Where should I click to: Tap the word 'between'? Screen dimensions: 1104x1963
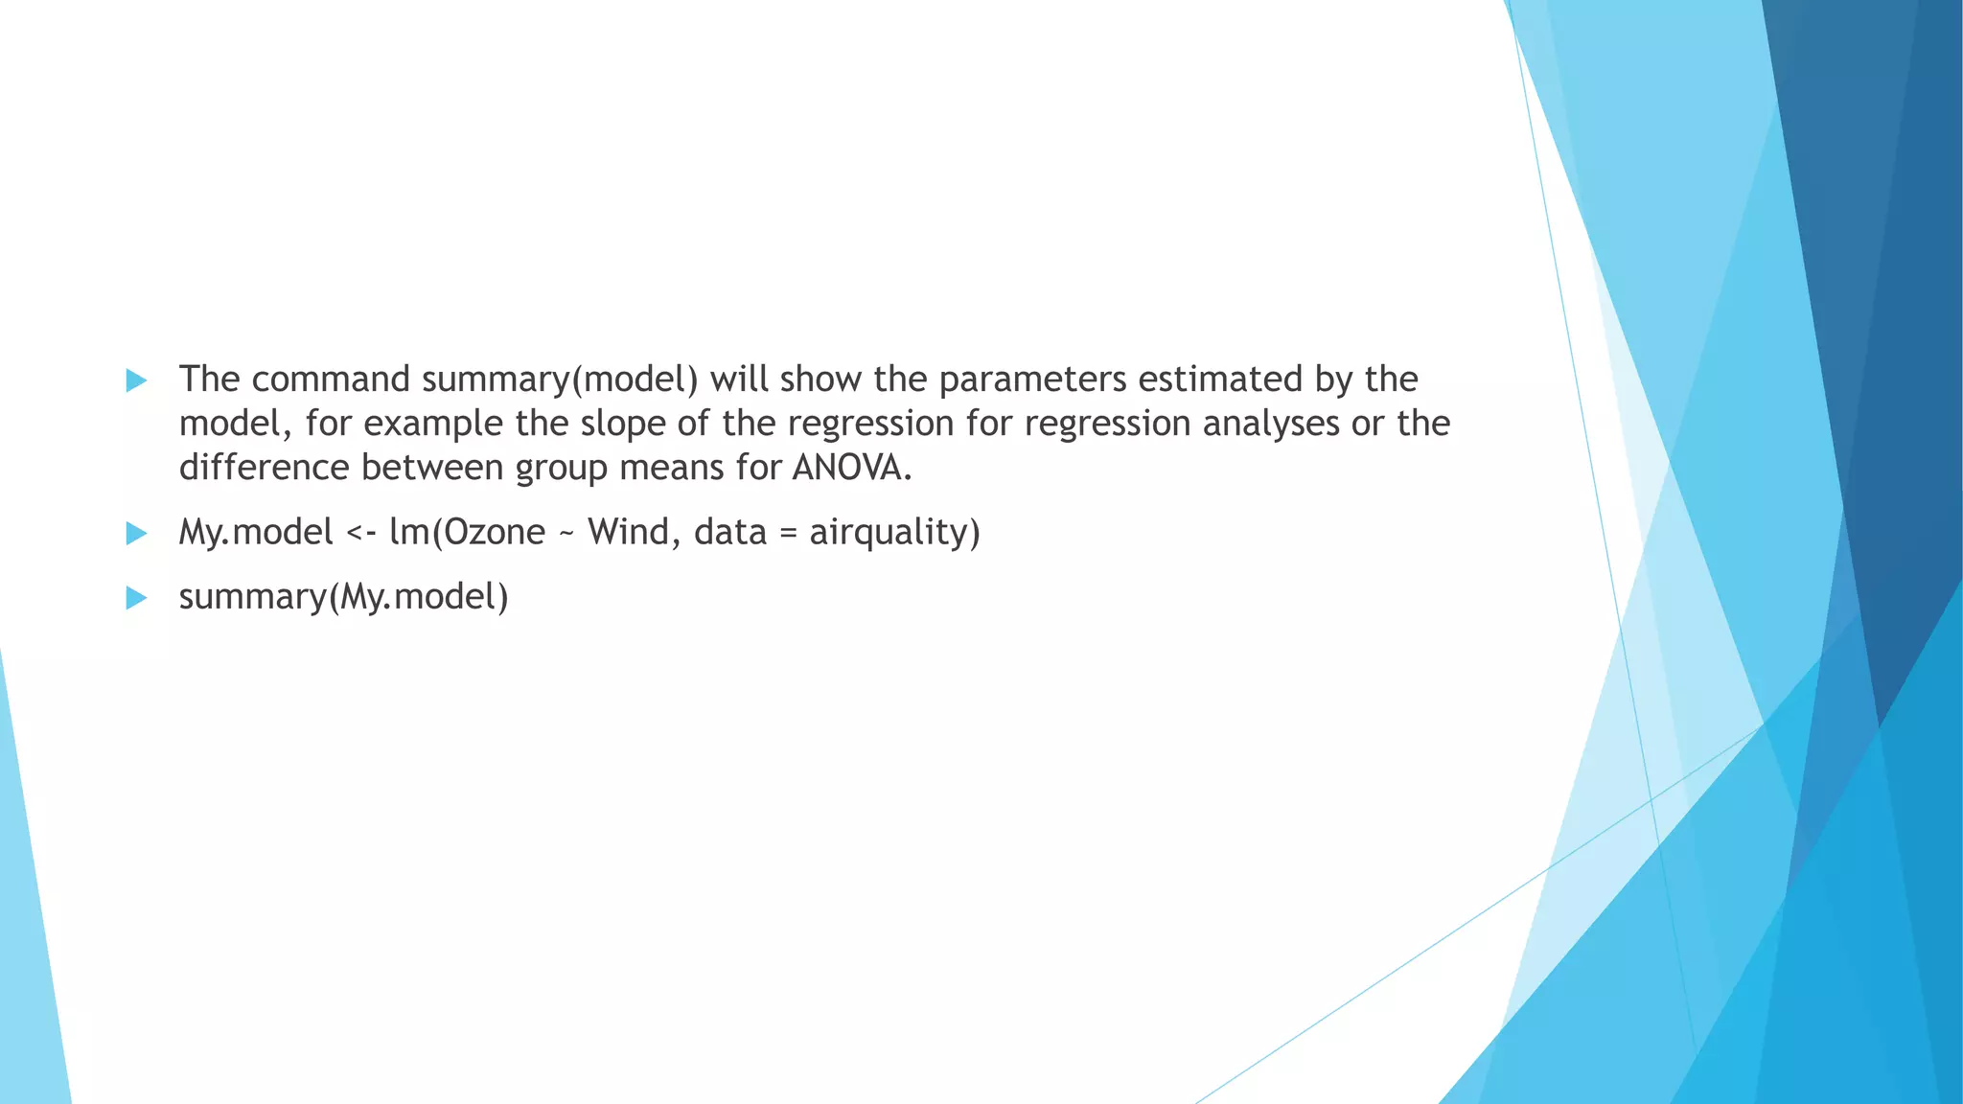point(432,468)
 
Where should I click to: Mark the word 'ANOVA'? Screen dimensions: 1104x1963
point(847,468)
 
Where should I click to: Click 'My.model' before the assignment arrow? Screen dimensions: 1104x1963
point(256,532)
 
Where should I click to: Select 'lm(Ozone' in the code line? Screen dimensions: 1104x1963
point(467,532)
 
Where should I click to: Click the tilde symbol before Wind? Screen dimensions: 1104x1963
point(566,533)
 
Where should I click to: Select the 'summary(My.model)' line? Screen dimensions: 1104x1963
point(343,597)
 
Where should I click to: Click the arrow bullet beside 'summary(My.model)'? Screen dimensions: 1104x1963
point(136,598)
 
